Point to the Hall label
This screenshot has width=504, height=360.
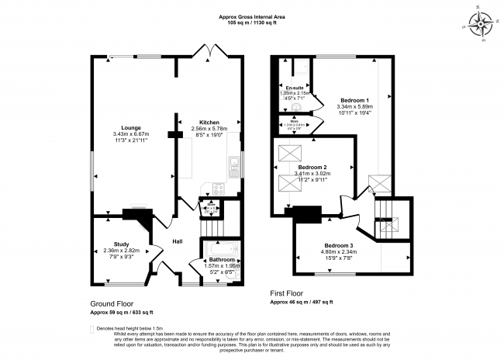pos(178,242)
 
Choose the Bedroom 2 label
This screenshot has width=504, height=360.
pos(312,168)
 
